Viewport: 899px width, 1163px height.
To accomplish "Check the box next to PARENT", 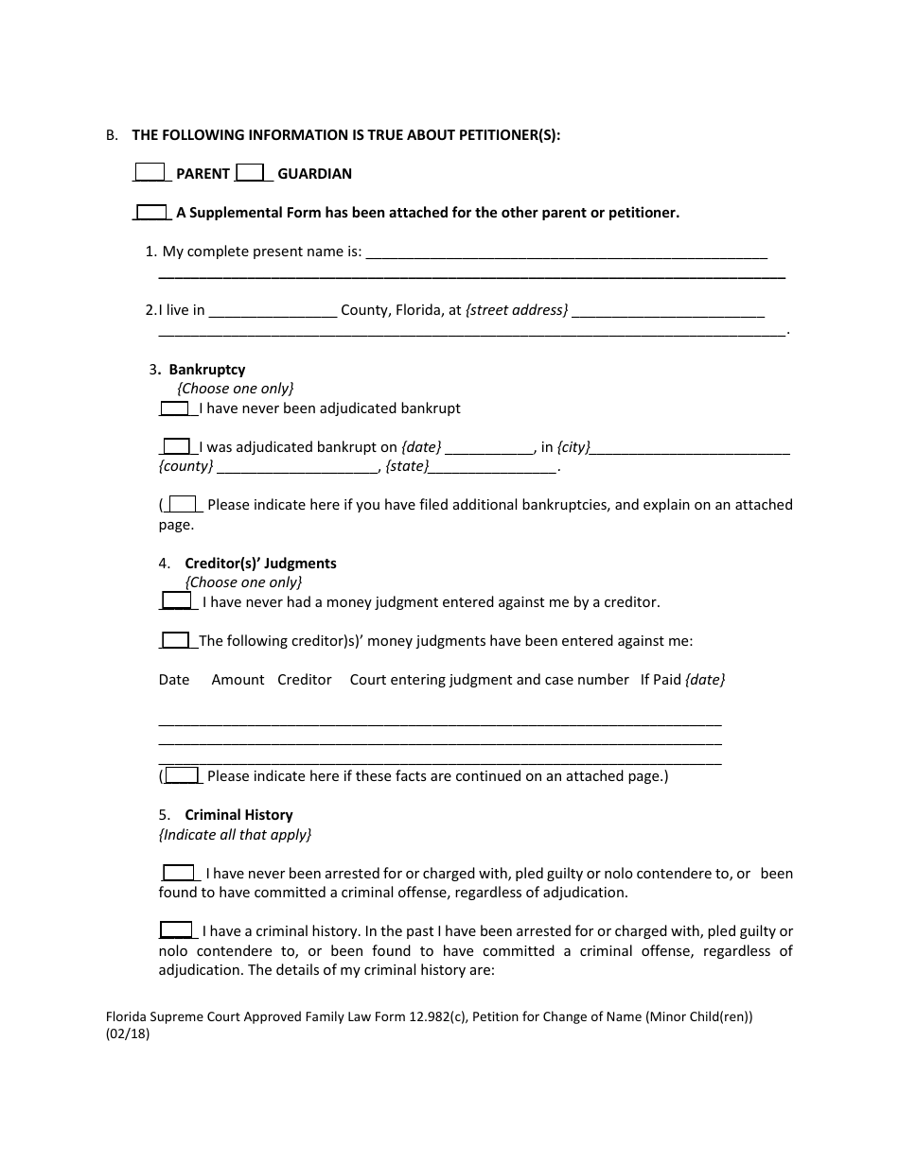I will (x=150, y=172).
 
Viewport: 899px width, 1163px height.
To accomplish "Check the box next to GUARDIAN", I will (x=250, y=172).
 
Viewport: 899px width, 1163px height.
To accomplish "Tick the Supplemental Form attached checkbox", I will (x=152, y=212).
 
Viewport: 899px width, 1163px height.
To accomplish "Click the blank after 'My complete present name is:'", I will (x=565, y=252).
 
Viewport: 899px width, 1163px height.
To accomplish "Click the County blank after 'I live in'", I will (x=273, y=310).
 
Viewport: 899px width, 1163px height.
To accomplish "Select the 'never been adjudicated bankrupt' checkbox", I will (x=174, y=408).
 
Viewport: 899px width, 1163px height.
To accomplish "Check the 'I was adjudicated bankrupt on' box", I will (x=176, y=446).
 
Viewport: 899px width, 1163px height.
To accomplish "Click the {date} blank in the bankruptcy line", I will (x=489, y=448).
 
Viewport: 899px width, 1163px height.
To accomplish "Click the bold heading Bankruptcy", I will (x=206, y=370).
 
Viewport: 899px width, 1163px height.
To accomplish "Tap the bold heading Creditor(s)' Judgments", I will (x=260, y=564).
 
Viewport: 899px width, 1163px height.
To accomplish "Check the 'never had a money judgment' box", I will (x=176, y=600).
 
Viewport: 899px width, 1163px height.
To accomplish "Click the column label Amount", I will (x=238, y=680).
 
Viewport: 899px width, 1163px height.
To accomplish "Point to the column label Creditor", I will (x=304, y=680).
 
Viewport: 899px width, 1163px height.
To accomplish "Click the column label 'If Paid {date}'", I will (x=682, y=680).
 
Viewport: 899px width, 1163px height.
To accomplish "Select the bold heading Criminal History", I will (x=238, y=815).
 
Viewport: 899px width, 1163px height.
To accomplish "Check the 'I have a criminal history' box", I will (x=176, y=929).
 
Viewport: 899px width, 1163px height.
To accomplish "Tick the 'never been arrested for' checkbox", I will (x=178, y=873).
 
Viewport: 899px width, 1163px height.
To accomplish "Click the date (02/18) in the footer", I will (x=128, y=1033).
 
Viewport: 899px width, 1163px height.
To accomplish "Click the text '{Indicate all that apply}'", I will (x=235, y=835).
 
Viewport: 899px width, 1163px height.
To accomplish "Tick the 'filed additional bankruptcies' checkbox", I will (x=182, y=504).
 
